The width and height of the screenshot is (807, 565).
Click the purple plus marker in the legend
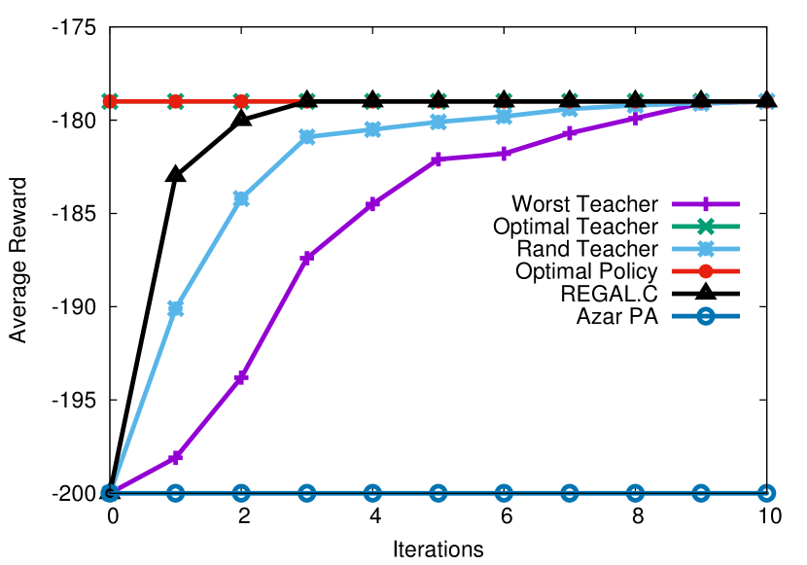coord(706,204)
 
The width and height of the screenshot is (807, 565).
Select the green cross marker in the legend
coord(706,227)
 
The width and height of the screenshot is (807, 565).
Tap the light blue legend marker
coord(706,249)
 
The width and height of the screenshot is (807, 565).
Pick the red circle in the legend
coord(706,271)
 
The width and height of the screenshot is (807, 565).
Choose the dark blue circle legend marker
coord(706,316)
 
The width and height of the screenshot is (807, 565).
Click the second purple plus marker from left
coord(175,457)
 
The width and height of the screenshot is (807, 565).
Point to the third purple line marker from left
coord(241,377)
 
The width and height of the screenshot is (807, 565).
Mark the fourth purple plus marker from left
coord(307,258)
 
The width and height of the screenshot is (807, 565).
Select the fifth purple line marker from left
coord(372,204)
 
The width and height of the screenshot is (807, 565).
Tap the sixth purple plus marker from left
coord(439,159)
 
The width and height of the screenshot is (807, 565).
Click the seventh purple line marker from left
coord(504,154)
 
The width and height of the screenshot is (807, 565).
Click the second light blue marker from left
coord(175,308)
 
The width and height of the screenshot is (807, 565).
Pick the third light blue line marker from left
coord(241,198)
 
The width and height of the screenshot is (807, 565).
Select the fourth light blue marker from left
coord(307,137)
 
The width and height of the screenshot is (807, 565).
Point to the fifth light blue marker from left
coord(372,129)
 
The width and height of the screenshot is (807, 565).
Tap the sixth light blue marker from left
coord(439,123)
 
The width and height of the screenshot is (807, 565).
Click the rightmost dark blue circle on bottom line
coord(766,493)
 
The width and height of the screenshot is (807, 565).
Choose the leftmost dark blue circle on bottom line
coord(110,493)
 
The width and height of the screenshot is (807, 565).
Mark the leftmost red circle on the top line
coord(110,101)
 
